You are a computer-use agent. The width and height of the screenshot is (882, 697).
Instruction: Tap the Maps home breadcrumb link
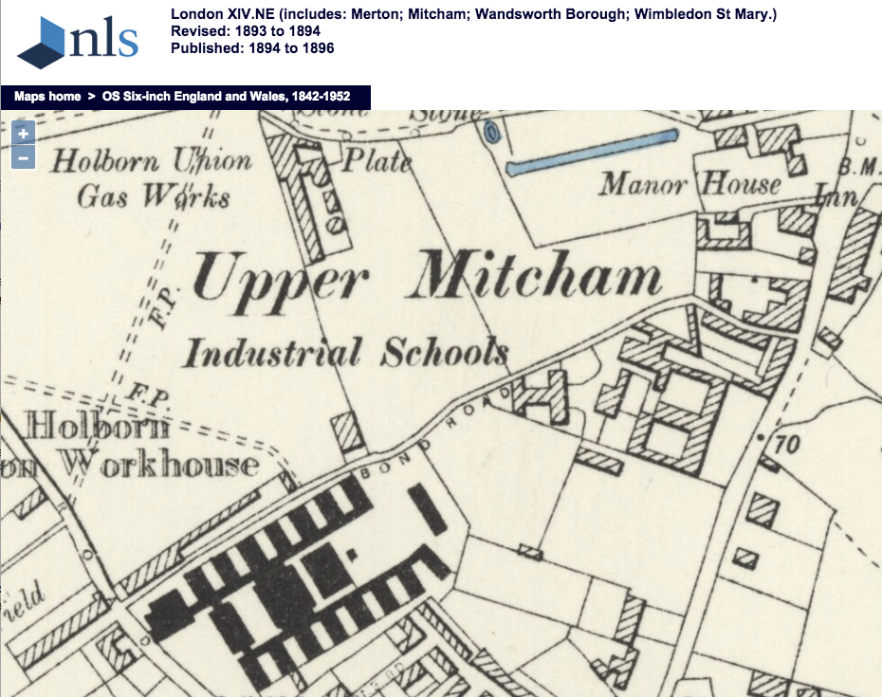(47, 97)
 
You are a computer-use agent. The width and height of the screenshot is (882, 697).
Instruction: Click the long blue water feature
(593, 153)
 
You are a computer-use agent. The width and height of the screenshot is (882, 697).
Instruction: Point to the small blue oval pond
(490, 134)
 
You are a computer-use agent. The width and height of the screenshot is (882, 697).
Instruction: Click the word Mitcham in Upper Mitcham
(539, 276)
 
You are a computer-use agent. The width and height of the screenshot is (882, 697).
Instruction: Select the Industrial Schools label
(346, 353)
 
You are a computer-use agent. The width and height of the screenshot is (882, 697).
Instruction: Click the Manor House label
(689, 184)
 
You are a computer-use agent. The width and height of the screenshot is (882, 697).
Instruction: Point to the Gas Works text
(154, 196)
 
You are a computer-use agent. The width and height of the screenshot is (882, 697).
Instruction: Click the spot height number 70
(786, 444)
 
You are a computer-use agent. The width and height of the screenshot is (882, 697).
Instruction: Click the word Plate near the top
(377, 160)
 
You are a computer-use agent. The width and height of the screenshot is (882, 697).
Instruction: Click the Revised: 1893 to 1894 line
(246, 31)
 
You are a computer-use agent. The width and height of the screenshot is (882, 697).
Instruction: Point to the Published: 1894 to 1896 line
(252, 48)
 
